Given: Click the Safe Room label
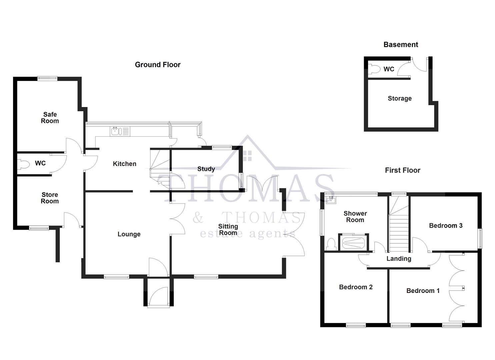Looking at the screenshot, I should (x=50, y=118).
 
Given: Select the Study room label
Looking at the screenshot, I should (x=206, y=169).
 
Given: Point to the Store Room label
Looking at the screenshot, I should (x=50, y=198).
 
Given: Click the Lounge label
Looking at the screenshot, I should (x=129, y=234).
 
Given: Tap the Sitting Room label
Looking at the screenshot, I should (x=228, y=229).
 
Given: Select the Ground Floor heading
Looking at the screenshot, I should (x=158, y=65).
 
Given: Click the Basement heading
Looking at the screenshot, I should (x=401, y=44).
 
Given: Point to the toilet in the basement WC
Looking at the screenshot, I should (x=375, y=69).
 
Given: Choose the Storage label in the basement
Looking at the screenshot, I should (x=400, y=98).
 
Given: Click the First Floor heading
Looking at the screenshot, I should (x=403, y=170).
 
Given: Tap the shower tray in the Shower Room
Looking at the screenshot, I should (x=353, y=243).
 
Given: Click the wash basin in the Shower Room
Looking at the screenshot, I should (x=331, y=200).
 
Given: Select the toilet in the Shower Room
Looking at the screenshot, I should (x=331, y=245).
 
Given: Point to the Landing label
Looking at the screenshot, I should (x=399, y=258).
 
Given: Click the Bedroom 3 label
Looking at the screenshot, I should (x=446, y=225).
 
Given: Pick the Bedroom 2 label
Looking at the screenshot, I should (x=356, y=287).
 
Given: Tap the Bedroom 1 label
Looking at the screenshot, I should (x=423, y=291).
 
